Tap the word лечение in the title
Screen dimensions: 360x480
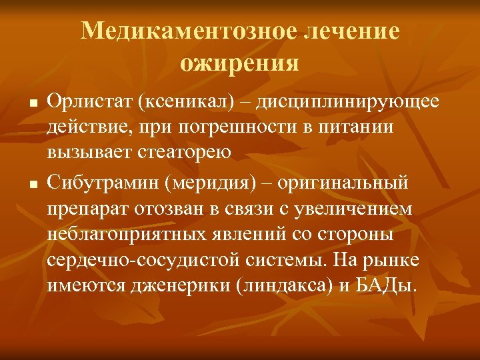click(x=351, y=31)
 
